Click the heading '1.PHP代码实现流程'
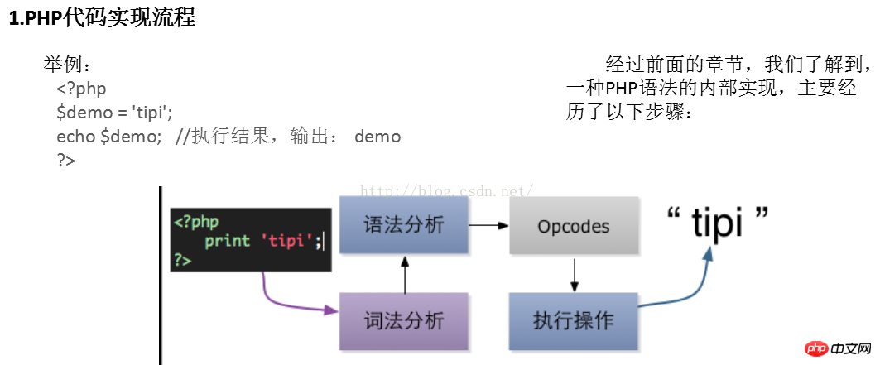click(x=102, y=18)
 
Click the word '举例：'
click(x=70, y=64)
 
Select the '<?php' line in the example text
click(x=81, y=88)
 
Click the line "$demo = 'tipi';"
click(x=114, y=112)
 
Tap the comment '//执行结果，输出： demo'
click(x=288, y=137)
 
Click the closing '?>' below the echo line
click(x=65, y=161)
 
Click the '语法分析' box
click(x=404, y=225)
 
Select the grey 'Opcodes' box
click(x=574, y=226)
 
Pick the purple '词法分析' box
click(x=404, y=321)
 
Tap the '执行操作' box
click(x=574, y=321)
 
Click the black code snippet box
click(x=251, y=240)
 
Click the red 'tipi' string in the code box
click(x=286, y=241)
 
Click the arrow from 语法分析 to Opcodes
click(x=488, y=225)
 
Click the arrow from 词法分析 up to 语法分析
click(x=404, y=275)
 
